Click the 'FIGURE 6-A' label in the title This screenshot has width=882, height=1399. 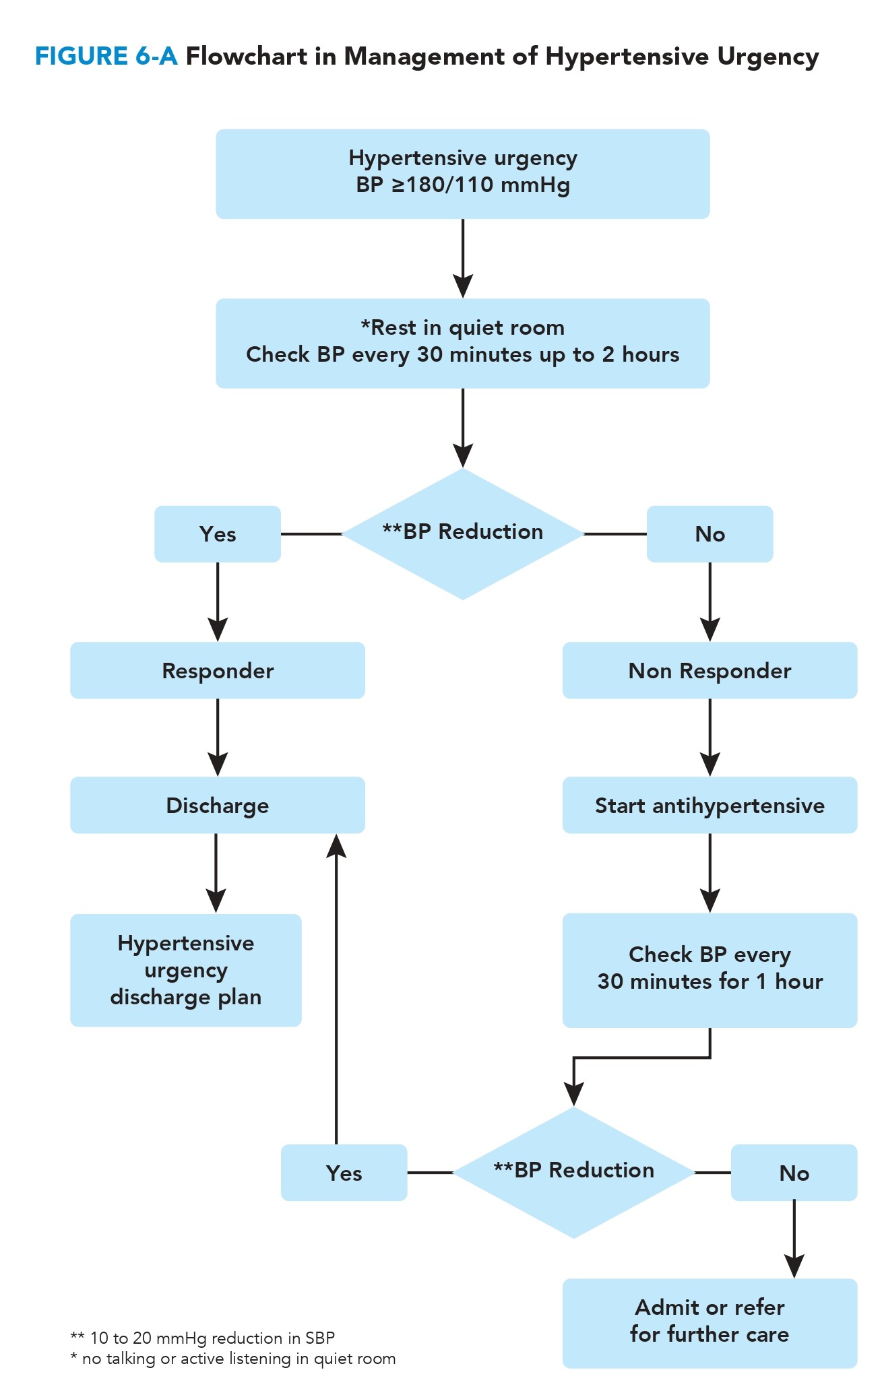pos(106,57)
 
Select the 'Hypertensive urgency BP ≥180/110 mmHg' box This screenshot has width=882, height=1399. pos(462,174)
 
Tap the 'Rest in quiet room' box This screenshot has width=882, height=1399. pos(462,343)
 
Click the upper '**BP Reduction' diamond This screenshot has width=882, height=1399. pos(462,533)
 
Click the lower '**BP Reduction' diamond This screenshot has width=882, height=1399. pos(573,1172)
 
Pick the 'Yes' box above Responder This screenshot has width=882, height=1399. pos(217,533)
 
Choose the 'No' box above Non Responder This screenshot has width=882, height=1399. pos(710,533)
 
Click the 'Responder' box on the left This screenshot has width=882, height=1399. pos(217,670)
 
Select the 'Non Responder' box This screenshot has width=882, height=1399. pos(710,670)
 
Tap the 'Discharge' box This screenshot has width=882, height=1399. pos(217,805)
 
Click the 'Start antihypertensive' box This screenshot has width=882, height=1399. pos(710,805)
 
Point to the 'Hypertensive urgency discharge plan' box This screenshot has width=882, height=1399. pos(185,970)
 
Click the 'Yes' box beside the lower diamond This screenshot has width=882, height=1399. pos(344,1173)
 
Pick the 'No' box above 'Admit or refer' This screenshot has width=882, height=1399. pos(794,1173)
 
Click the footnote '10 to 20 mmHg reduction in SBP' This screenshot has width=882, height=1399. pos(202,1338)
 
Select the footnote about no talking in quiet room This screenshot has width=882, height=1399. pos(232,1359)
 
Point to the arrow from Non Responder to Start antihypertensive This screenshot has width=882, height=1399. pos(710,738)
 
